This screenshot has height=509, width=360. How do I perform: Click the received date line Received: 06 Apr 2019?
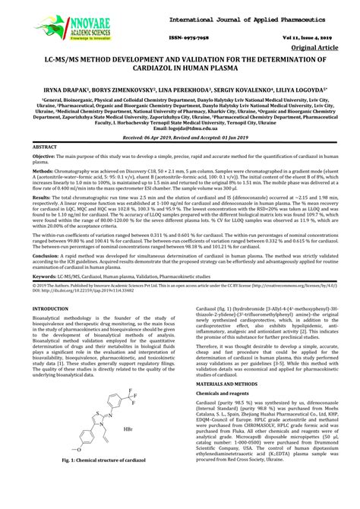click(x=180, y=138)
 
